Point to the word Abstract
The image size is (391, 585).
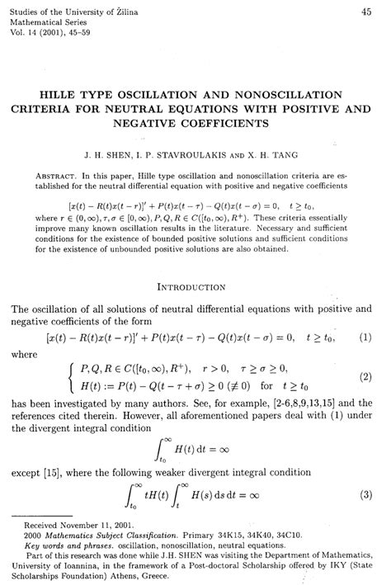(61, 175)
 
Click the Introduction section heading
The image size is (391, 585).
(196, 287)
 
